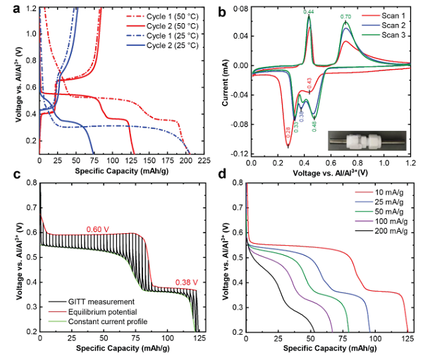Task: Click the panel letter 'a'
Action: tap(8, 9)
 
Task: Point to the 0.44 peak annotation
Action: tap(309, 12)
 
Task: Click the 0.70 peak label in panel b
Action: tap(345, 17)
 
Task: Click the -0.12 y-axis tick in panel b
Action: tap(240, 154)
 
